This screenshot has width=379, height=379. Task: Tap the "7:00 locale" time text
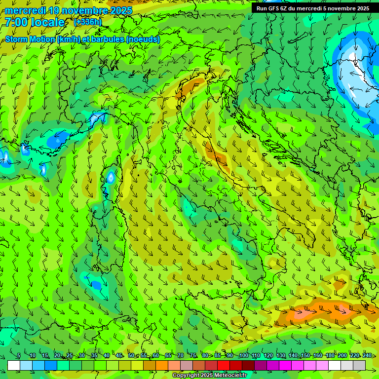coord(35,22)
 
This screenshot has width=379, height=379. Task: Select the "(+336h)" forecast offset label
coord(88,22)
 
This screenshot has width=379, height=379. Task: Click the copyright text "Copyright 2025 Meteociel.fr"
coord(209,375)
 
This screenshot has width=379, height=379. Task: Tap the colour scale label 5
coord(19,355)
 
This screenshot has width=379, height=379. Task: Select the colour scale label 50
coord(131,355)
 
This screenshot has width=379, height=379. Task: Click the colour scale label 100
coord(243,355)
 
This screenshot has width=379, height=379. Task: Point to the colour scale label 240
coord(367,355)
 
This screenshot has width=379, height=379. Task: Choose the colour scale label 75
coord(193,355)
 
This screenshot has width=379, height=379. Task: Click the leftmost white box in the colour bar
coord(14,365)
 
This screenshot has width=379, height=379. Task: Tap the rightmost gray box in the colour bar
coord(359,365)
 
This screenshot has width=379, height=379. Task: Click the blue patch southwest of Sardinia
coord(95,285)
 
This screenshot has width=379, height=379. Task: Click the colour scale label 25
coord(70,355)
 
